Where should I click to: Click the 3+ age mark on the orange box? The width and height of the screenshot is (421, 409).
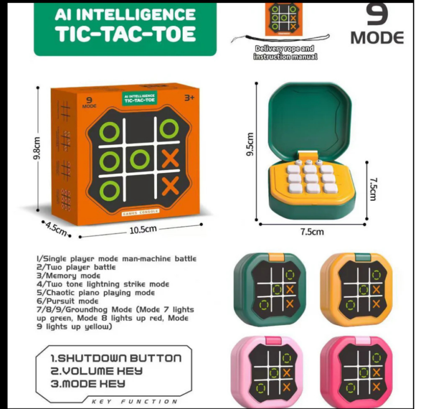189,98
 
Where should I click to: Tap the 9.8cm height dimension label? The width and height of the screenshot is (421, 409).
37,148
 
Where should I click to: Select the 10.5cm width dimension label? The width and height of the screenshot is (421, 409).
143,230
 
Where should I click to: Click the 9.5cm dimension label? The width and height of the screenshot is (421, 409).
249,144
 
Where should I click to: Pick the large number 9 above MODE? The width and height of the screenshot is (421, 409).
377,14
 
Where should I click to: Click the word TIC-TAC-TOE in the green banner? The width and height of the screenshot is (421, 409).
125,34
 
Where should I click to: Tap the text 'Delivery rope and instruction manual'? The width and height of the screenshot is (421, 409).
285,53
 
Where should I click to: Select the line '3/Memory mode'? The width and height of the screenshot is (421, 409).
68,276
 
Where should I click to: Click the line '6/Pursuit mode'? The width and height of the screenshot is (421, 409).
67,301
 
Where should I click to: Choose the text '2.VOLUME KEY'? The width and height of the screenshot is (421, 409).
97,371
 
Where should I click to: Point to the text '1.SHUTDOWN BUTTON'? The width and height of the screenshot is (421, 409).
116,358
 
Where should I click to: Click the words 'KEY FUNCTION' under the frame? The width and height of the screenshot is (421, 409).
134,402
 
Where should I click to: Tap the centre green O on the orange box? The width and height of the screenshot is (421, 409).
140,160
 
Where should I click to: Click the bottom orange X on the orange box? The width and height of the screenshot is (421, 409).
170,186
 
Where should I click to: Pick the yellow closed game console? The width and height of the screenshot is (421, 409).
357,290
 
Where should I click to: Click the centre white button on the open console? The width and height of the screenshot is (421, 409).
311,178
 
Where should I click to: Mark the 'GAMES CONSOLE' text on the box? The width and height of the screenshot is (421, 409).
140,212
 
